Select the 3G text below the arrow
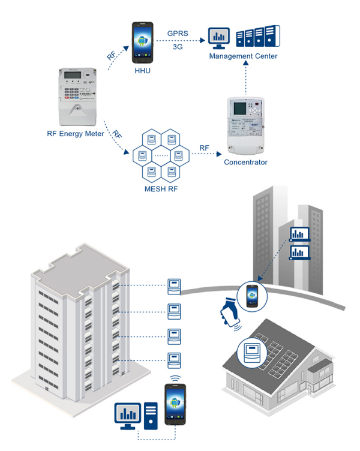tap(178, 47)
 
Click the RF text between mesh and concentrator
tap(205, 147)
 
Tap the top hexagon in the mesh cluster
tap(172, 140)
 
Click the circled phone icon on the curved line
tap(251, 295)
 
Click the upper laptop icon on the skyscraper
tap(299, 234)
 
